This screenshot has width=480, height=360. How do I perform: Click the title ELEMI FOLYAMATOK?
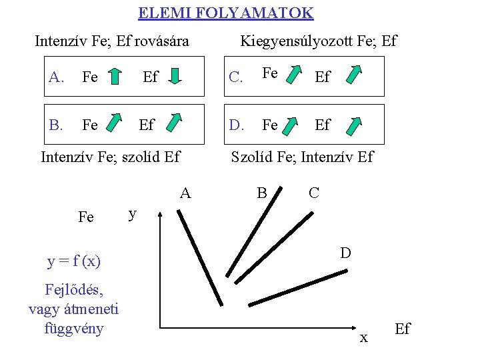pyautogui.click(x=225, y=13)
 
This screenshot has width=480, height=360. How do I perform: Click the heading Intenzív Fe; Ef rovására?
pyautogui.click(x=111, y=41)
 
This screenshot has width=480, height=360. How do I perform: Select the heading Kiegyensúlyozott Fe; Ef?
pyautogui.click(x=318, y=41)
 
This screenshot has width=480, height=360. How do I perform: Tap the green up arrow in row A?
pyautogui.click(x=115, y=76)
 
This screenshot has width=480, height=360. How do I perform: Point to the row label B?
pyautogui.click(x=56, y=125)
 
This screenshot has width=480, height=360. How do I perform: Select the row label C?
pyautogui.click(x=235, y=77)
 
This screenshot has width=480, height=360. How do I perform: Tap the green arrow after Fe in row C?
pyautogui.click(x=294, y=75)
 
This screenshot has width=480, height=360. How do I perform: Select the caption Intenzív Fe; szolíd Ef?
pyautogui.click(x=111, y=157)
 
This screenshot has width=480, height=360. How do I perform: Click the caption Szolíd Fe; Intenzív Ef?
pyautogui.click(x=302, y=157)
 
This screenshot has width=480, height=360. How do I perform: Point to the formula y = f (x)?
pyautogui.click(x=74, y=261)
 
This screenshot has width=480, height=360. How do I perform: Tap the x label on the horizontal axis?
pyautogui.click(x=363, y=338)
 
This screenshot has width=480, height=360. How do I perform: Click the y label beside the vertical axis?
pyautogui.click(x=133, y=213)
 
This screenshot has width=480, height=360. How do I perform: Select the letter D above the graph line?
pyautogui.click(x=345, y=253)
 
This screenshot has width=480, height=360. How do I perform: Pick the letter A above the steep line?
pyautogui.click(x=185, y=193)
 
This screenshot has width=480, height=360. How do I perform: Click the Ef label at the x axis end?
pyautogui.click(x=403, y=329)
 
